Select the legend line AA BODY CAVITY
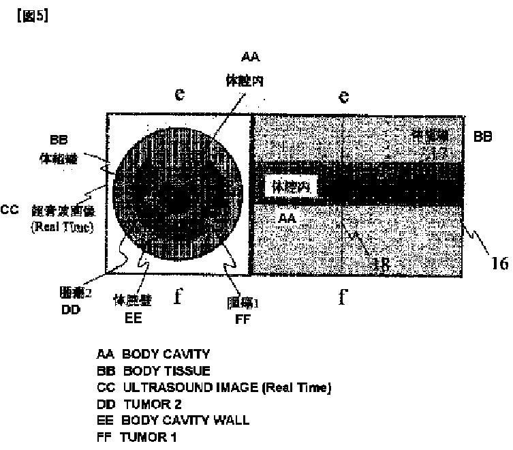pos(152,355)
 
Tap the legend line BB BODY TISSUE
pos(153,372)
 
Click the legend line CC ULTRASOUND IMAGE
pos(213,388)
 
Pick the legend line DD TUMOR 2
pos(138,404)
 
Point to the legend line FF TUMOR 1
pos(136,437)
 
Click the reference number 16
pos(499,263)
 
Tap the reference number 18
pos(382,265)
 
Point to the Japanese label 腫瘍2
pos(73,295)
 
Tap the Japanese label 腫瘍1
pos(240,301)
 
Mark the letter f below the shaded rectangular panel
pos(344,298)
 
